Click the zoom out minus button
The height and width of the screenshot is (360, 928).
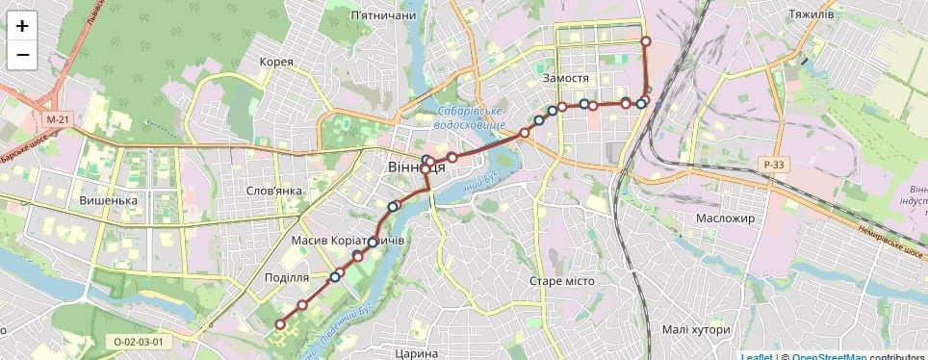[23, 56]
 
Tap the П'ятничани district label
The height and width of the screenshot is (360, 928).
[383, 15]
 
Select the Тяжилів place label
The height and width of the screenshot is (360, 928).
[810, 15]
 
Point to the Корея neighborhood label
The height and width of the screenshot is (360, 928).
[276, 62]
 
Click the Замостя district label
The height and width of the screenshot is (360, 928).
[565, 78]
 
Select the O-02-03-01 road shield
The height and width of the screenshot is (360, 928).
[138, 341]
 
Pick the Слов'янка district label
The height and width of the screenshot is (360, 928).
[274, 191]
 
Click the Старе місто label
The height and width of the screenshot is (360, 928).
[562, 281]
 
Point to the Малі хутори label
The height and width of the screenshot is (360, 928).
[697, 329]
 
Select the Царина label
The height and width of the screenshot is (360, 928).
[417, 353]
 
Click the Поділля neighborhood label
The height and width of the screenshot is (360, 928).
[286, 277]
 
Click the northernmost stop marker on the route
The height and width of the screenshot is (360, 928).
[646, 41]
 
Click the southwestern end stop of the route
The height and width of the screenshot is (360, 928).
[280, 324]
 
